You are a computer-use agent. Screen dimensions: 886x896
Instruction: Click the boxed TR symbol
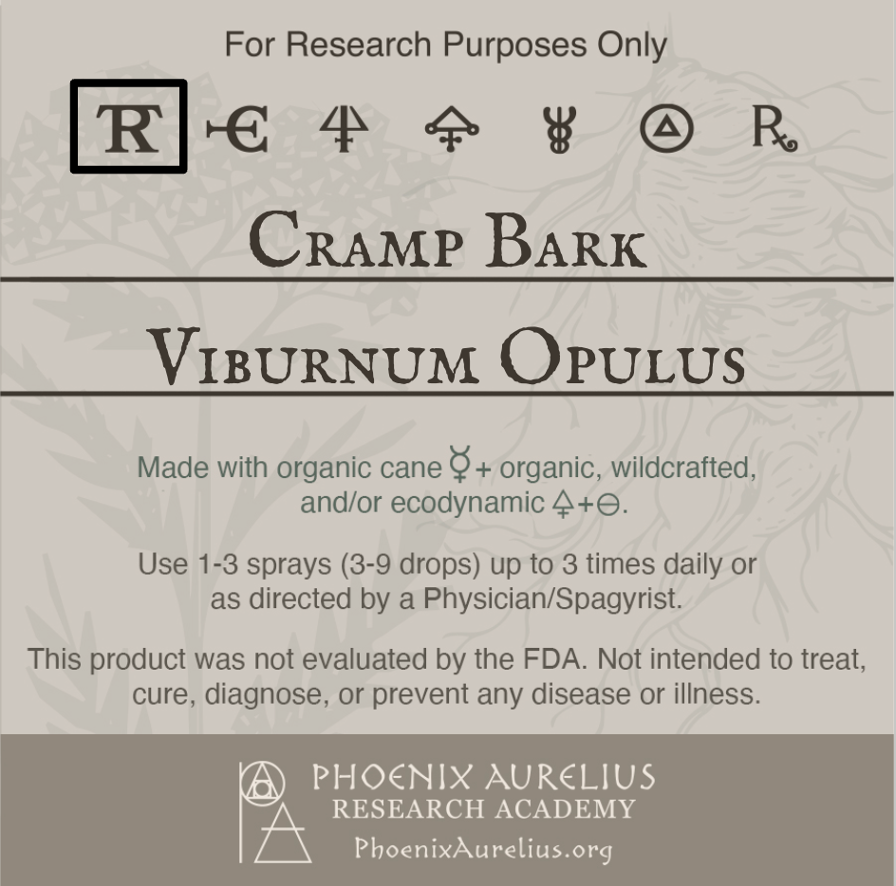pos(128,127)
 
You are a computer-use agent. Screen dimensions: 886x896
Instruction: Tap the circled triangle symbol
pos(666,129)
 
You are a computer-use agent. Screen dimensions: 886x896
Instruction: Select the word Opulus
pos(623,358)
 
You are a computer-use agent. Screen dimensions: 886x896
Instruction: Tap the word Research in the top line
pos(359,45)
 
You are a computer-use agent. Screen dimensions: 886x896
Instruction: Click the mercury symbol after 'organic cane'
pos(459,467)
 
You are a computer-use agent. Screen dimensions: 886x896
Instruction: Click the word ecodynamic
pos(466,503)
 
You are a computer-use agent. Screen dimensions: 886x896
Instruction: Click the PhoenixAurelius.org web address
pos(482,846)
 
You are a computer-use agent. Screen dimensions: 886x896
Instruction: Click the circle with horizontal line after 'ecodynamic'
pos(607,506)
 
